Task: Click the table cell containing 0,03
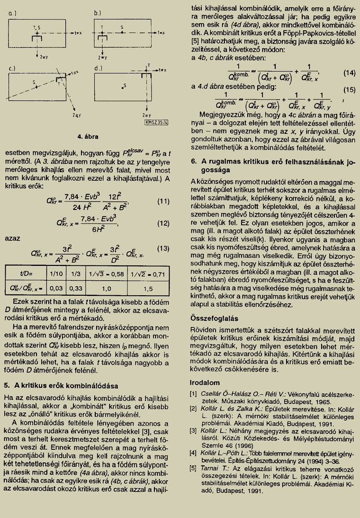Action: [56, 288]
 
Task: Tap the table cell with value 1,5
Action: [148, 288]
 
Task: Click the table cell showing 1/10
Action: [56, 273]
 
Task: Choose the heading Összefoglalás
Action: [214, 318]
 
